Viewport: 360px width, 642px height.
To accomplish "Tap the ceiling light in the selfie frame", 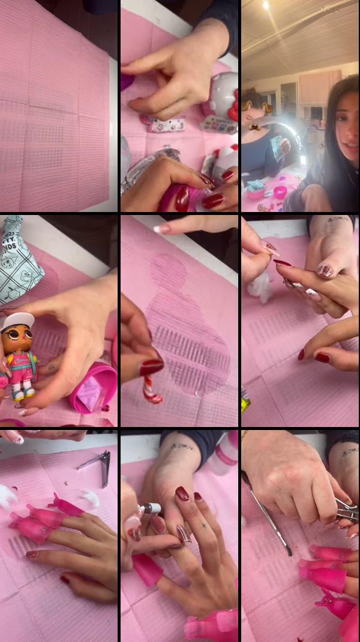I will pyautogui.click(x=265, y=5).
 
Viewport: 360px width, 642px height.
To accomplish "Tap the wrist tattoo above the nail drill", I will pyautogui.click(x=179, y=446).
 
